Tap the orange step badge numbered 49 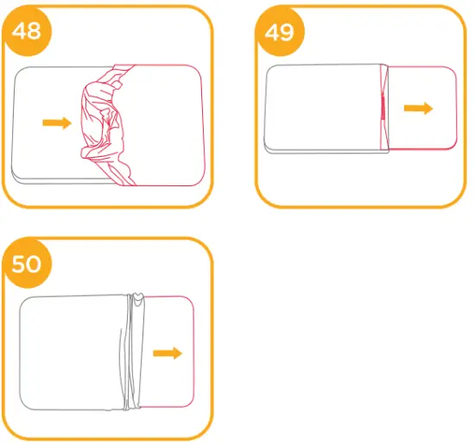coord(277,33)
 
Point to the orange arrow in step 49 coord(420,108)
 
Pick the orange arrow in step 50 coord(168,354)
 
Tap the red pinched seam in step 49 coord(382,108)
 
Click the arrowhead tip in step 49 coord(432,108)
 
